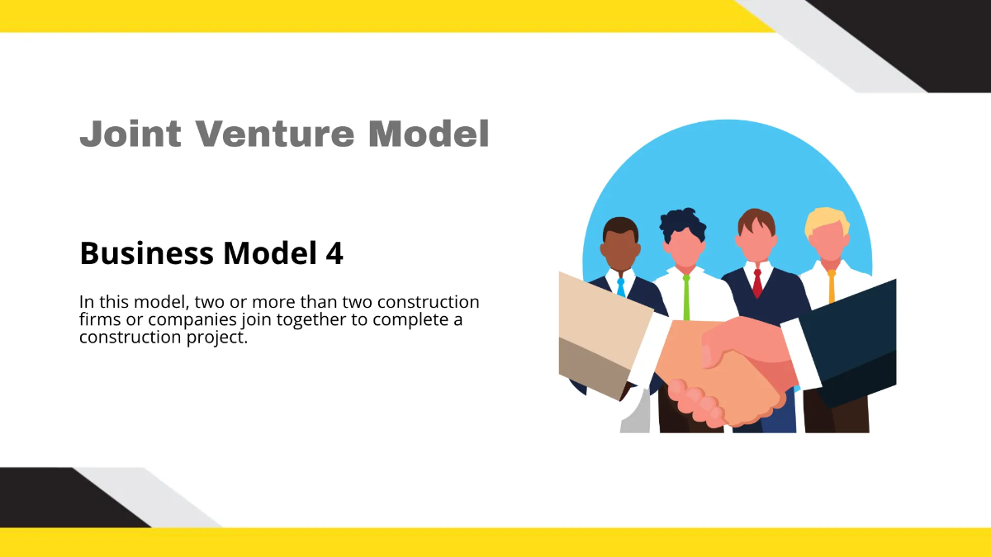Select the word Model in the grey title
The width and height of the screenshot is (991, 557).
[x=429, y=134]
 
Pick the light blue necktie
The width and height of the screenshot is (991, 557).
[x=620, y=286]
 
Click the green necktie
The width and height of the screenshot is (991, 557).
[x=686, y=297]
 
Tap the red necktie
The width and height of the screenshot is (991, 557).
[x=757, y=283]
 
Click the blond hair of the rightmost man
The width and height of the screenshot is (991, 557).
[x=827, y=220]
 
